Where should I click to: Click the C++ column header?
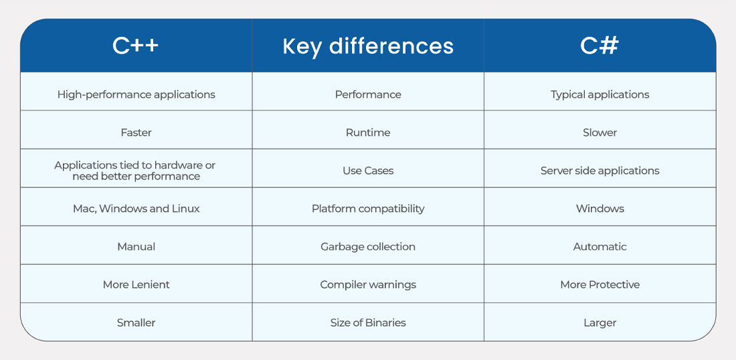click(x=136, y=46)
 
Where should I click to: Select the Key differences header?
click(x=368, y=46)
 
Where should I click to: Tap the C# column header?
click(x=600, y=46)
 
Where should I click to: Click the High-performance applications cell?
click(x=136, y=94)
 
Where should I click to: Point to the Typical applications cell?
click(x=600, y=94)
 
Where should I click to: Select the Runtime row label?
click(x=368, y=132)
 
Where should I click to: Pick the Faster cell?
click(x=136, y=132)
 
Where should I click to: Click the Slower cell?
click(x=600, y=132)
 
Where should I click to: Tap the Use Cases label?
click(x=368, y=171)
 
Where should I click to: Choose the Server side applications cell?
click(x=600, y=171)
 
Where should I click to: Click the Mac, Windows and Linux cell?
click(x=136, y=209)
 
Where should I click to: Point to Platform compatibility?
click(x=368, y=209)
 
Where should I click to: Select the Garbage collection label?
click(x=368, y=247)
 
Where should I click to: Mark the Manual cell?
click(x=136, y=247)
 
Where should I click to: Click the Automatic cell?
click(x=600, y=247)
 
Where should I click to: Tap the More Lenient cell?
click(x=136, y=284)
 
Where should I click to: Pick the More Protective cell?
click(x=600, y=284)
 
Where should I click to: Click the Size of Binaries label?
click(x=368, y=323)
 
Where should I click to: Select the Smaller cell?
click(x=136, y=323)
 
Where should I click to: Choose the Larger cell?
click(x=600, y=323)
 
